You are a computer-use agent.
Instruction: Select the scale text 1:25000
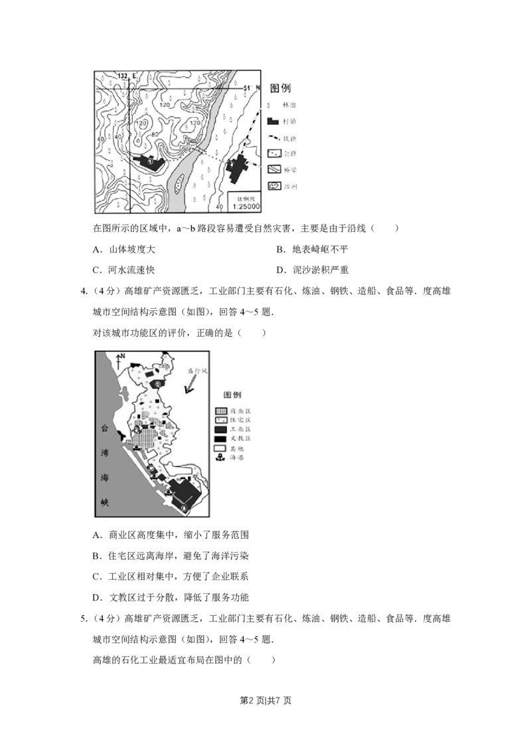[245, 207]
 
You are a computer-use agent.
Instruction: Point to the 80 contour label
[154, 135]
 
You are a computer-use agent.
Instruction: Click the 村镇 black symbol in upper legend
[272, 122]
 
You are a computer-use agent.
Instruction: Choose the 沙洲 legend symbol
[273, 186]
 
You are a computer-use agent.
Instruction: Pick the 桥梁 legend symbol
[273, 170]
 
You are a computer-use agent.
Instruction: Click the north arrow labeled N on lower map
[118, 361]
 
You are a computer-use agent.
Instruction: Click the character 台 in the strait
[104, 428]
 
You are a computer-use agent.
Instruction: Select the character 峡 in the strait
[104, 503]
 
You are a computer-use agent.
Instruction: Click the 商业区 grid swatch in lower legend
[222, 411]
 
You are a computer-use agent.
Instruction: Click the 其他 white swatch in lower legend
[222, 448]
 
